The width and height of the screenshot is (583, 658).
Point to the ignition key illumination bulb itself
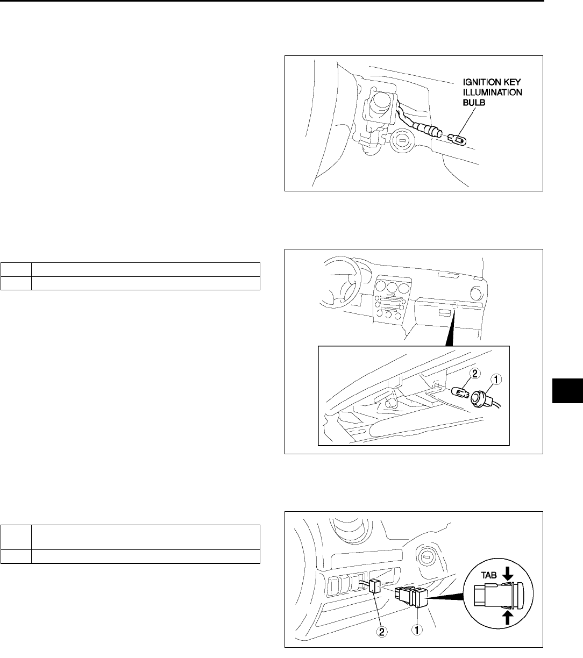[x=457, y=141]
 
